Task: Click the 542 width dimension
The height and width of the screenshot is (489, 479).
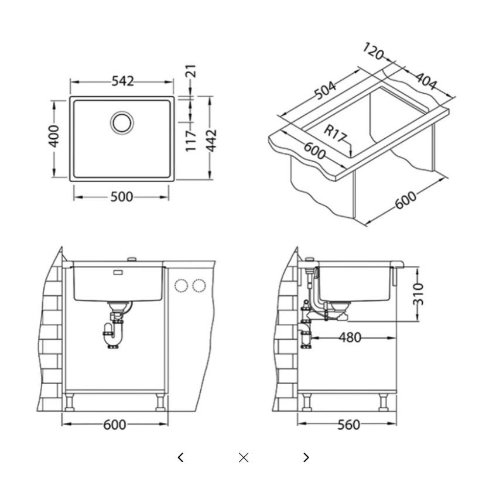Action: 122,81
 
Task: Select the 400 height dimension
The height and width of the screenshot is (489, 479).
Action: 54,136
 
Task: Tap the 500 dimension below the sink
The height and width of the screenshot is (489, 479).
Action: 122,197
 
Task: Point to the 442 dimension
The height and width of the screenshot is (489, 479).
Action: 212,141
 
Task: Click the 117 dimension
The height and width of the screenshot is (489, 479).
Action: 191,141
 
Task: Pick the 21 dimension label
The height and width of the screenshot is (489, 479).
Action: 191,71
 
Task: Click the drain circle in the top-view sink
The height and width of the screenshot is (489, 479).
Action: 122,122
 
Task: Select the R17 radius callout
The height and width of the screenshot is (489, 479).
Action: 335,133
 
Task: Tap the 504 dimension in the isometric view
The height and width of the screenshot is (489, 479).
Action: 325,90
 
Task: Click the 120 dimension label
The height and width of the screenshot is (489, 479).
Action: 373,51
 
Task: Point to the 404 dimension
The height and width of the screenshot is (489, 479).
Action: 426,81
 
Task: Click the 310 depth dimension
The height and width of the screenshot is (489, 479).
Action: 418,294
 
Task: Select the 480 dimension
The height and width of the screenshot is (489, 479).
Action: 350,337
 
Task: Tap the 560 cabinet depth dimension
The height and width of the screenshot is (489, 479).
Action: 348,425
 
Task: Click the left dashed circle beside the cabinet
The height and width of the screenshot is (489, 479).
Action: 181,286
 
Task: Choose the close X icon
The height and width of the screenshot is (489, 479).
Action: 243,458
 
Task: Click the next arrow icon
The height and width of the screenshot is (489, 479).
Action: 306,457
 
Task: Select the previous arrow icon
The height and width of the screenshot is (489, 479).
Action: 180,457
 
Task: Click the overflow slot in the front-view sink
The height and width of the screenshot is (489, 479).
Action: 118,272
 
